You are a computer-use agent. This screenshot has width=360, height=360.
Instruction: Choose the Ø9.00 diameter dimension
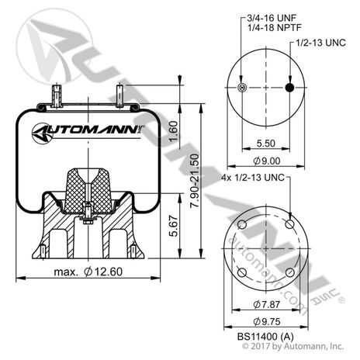tap(266, 161)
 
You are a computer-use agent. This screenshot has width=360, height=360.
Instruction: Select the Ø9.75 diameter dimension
tap(266, 319)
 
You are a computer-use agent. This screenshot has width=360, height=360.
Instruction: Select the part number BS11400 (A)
tap(266, 335)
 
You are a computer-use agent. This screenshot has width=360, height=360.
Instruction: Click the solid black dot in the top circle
tap(289, 88)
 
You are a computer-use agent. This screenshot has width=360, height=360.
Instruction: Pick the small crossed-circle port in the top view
tap(244, 88)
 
